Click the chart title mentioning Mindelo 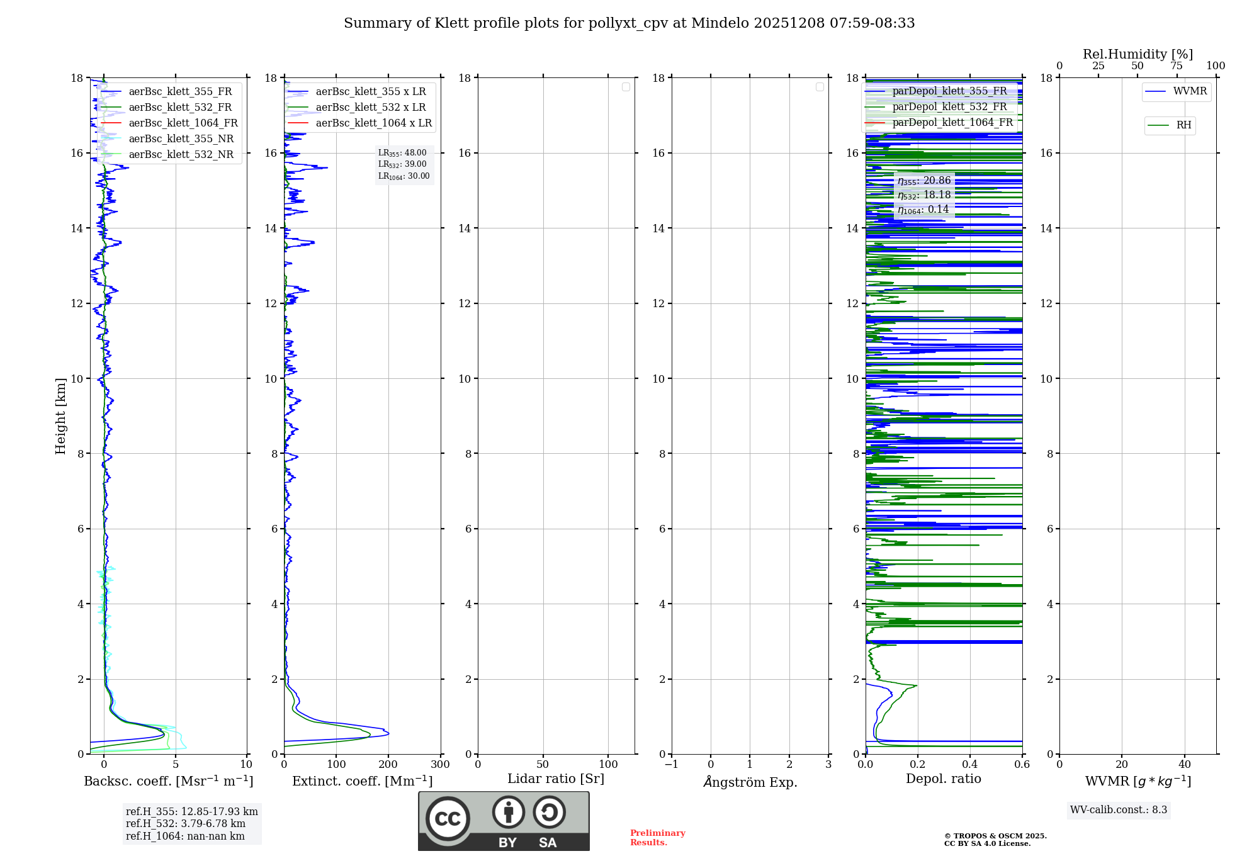click(x=629, y=23)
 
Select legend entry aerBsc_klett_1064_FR click(x=183, y=123)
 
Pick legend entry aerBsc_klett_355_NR click(x=181, y=138)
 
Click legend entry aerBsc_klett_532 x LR click(x=370, y=107)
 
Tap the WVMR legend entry click(x=1189, y=91)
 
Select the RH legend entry click(x=1183, y=125)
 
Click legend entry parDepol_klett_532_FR click(x=949, y=106)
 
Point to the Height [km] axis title click(x=60, y=416)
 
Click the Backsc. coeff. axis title click(x=168, y=781)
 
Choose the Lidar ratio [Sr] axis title click(x=555, y=779)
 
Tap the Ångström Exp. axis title click(x=750, y=782)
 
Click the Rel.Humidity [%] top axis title click(x=1138, y=54)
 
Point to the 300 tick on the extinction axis click(x=440, y=764)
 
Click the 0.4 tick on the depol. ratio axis click(x=969, y=764)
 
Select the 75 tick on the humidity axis click(x=1177, y=65)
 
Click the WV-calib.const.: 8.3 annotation click(x=1118, y=809)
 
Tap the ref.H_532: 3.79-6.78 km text click(x=186, y=823)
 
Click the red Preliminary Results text click(x=657, y=837)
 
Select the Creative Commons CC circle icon click(x=448, y=818)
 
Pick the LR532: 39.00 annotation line click(x=402, y=164)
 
